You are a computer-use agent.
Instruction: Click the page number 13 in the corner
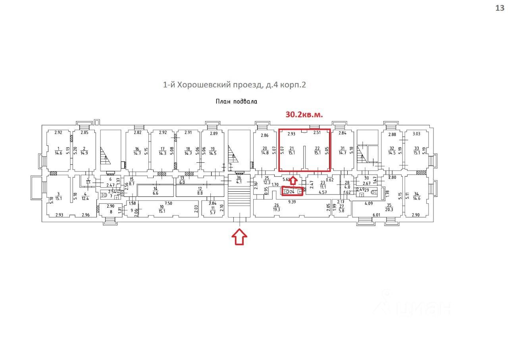[x=499, y=8]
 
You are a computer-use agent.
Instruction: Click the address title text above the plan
[x=235, y=85]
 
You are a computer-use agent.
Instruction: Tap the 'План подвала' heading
[x=236, y=102]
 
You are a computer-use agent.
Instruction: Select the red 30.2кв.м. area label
[x=304, y=115]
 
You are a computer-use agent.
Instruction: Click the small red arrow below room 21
[x=292, y=180]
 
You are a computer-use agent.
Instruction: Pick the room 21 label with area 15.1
[x=291, y=151]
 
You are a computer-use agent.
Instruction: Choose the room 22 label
[x=317, y=151]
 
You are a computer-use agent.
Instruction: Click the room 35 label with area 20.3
[x=389, y=208]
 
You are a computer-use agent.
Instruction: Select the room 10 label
[x=162, y=209]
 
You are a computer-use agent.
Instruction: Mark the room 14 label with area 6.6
[x=156, y=191]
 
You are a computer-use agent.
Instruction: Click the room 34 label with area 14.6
[x=416, y=196]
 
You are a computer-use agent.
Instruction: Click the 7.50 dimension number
[x=168, y=203]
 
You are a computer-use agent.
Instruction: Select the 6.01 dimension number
[x=376, y=215]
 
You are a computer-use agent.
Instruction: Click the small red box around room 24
[x=292, y=192]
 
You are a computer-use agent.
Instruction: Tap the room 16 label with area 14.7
[x=137, y=151]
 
